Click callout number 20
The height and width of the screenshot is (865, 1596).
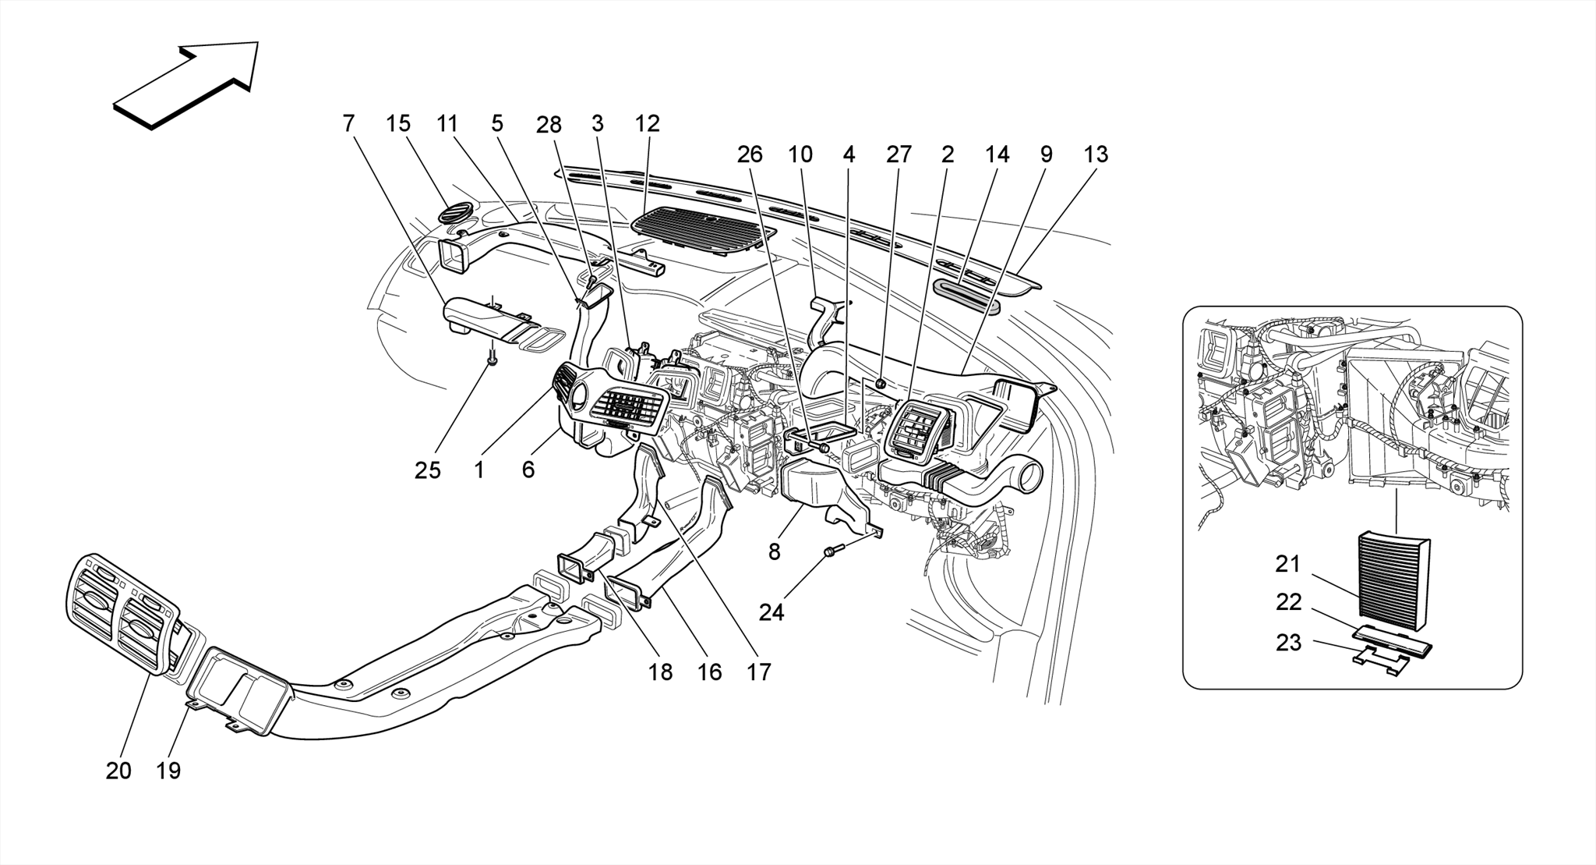pyautogui.click(x=118, y=771)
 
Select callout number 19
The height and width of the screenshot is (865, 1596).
pyautogui.click(x=168, y=771)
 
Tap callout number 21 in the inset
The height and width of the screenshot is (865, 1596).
pyautogui.click(x=1288, y=563)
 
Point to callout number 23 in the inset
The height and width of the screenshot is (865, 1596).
pyautogui.click(x=1288, y=643)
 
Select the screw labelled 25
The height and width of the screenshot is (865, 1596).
pyautogui.click(x=493, y=358)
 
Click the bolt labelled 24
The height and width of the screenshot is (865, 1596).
pyautogui.click(x=831, y=553)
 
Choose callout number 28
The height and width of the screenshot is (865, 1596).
pyautogui.click(x=549, y=124)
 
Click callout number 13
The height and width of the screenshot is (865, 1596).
pyautogui.click(x=1095, y=154)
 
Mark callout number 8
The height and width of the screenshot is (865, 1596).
pyautogui.click(x=774, y=553)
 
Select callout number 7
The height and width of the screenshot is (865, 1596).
pyautogui.click(x=348, y=124)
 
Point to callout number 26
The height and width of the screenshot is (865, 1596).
pyautogui.click(x=750, y=154)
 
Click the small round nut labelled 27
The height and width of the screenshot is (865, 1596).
pyautogui.click(x=880, y=383)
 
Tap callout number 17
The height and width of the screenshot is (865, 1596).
pyautogui.click(x=758, y=672)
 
